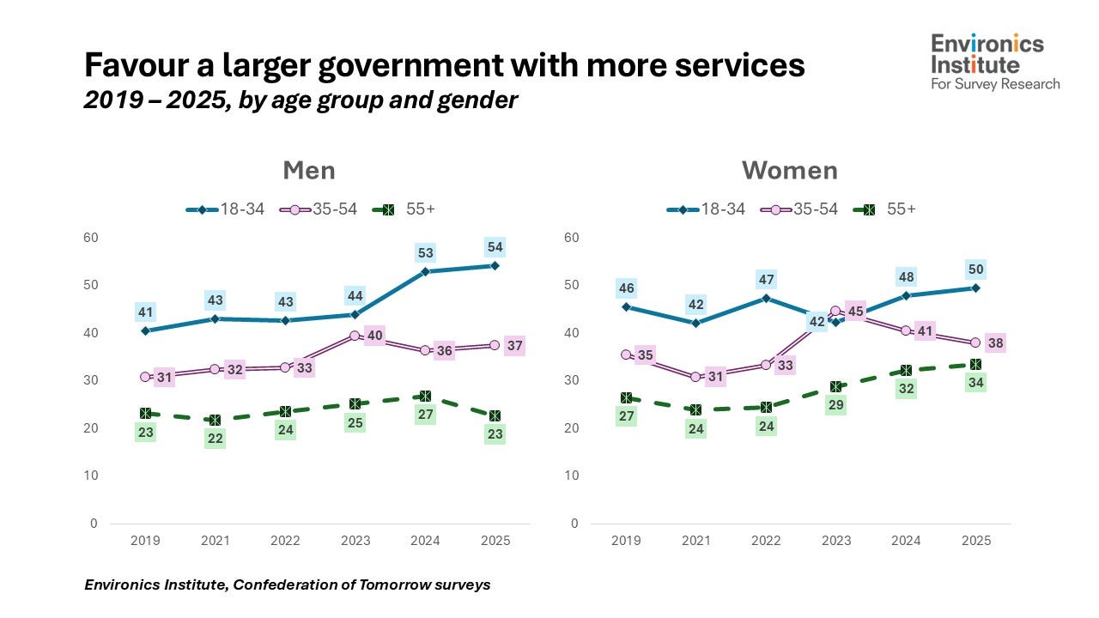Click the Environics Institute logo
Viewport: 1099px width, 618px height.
(995, 61)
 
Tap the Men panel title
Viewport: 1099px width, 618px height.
(309, 170)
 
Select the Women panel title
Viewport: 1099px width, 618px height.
(789, 170)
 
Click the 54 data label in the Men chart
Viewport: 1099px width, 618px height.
(495, 247)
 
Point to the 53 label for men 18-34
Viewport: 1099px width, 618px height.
(426, 253)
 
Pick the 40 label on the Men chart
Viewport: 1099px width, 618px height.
(374, 336)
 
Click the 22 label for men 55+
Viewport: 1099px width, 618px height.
(216, 439)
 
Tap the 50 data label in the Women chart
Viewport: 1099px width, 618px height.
(976, 270)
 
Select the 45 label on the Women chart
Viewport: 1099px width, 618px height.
(855, 312)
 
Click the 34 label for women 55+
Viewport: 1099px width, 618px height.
(976, 383)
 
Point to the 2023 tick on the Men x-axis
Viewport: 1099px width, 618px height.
(355, 541)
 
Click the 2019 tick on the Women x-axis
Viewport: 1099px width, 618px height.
(626, 541)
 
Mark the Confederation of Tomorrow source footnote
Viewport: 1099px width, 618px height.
(288, 585)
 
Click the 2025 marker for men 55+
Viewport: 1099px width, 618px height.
(495, 416)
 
